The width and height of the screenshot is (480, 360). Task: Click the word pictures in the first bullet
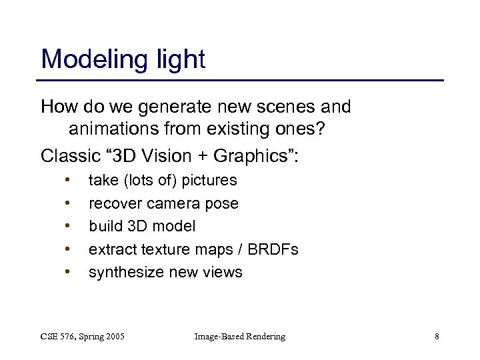[x=209, y=180]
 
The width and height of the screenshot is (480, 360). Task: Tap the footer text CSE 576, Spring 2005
[x=83, y=337]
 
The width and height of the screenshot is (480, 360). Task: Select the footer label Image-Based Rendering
[x=239, y=337]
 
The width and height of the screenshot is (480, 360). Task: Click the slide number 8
[x=437, y=337]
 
